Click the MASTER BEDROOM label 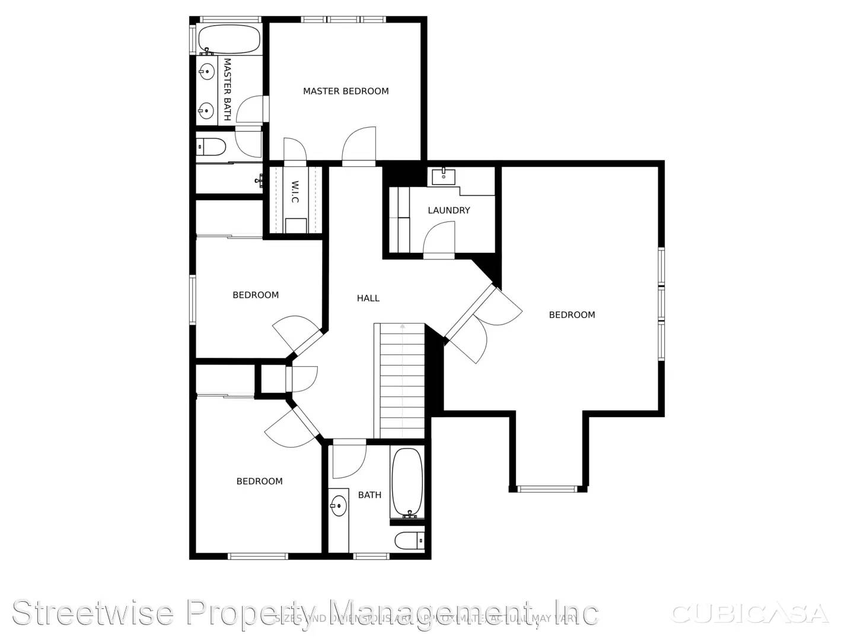point(346,91)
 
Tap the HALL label point(368,299)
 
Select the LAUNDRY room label point(448,211)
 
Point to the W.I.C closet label point(295,192)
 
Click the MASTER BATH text point(227,89)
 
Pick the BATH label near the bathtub point(369,495)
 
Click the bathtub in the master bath point(228,39)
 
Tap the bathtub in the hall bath point(407,483)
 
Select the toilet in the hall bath point(409,541)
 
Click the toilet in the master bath point(211,146)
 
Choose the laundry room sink point(444,175)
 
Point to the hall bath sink point(338,506)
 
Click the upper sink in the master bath point(206,72)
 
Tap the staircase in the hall point(402,380)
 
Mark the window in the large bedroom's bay point(547,489)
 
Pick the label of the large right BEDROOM point(572,315)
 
